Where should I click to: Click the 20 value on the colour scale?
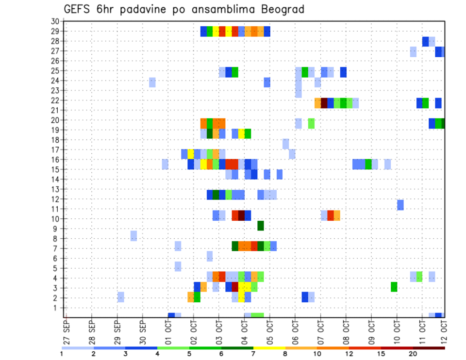[413, 354]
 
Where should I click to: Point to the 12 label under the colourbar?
[349, 354]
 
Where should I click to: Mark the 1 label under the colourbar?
[62, 354]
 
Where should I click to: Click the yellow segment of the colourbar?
[269, 348]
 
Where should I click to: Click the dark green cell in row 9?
[261, 226]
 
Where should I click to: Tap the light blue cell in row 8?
[133, 236]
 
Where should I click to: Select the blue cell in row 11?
[400, 205]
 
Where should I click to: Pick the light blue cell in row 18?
[286, 144]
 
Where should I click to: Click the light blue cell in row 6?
[210, 256]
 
